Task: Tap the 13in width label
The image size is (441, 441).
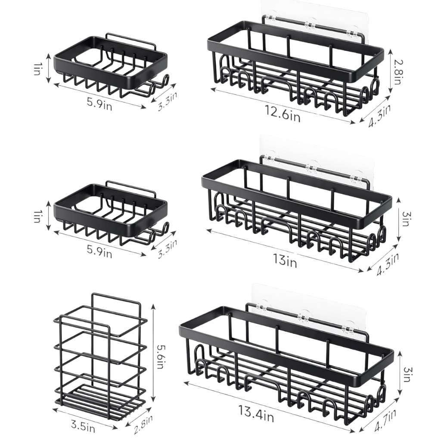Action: (x=285, y=261)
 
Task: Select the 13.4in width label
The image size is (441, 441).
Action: (x=256, y=413)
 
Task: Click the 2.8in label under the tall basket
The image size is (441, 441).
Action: (x=143, y=424)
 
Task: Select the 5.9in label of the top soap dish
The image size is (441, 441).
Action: (x=99, y=104)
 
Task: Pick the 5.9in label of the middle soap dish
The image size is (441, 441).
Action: (x=99, y=251)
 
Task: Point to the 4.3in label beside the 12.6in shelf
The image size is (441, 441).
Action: (x=379, y=115)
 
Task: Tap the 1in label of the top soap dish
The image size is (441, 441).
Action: (x=37, y=68)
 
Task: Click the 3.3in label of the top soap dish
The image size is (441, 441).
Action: (x=167, y=101)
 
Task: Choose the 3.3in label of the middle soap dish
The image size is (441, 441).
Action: (x=167, y=248)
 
